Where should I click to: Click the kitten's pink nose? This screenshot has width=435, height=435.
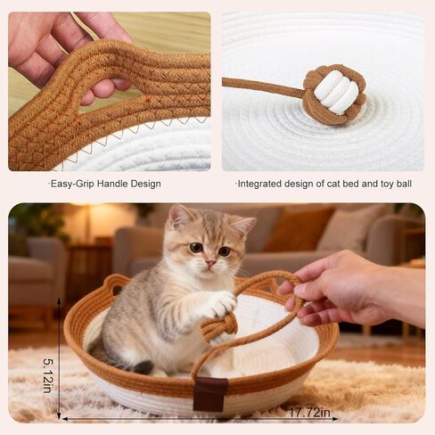[x=210, y=263]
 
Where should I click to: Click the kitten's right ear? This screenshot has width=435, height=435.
[x=245, y=226]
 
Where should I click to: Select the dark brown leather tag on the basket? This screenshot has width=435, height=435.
[x=210, y=394]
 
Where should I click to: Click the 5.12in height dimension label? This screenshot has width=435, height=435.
[x=48, y=375]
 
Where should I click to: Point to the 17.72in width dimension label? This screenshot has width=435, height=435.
[x=309, y=412]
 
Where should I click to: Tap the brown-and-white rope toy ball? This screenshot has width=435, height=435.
[x=334, y=94]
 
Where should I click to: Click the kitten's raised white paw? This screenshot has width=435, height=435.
[x=221, y=304]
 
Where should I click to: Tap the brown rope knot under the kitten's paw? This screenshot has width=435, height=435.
[x=218, y=326]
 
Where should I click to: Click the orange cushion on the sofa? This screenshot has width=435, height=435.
[x=297, y=229]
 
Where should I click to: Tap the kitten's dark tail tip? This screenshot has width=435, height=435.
[x=143, y=367]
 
